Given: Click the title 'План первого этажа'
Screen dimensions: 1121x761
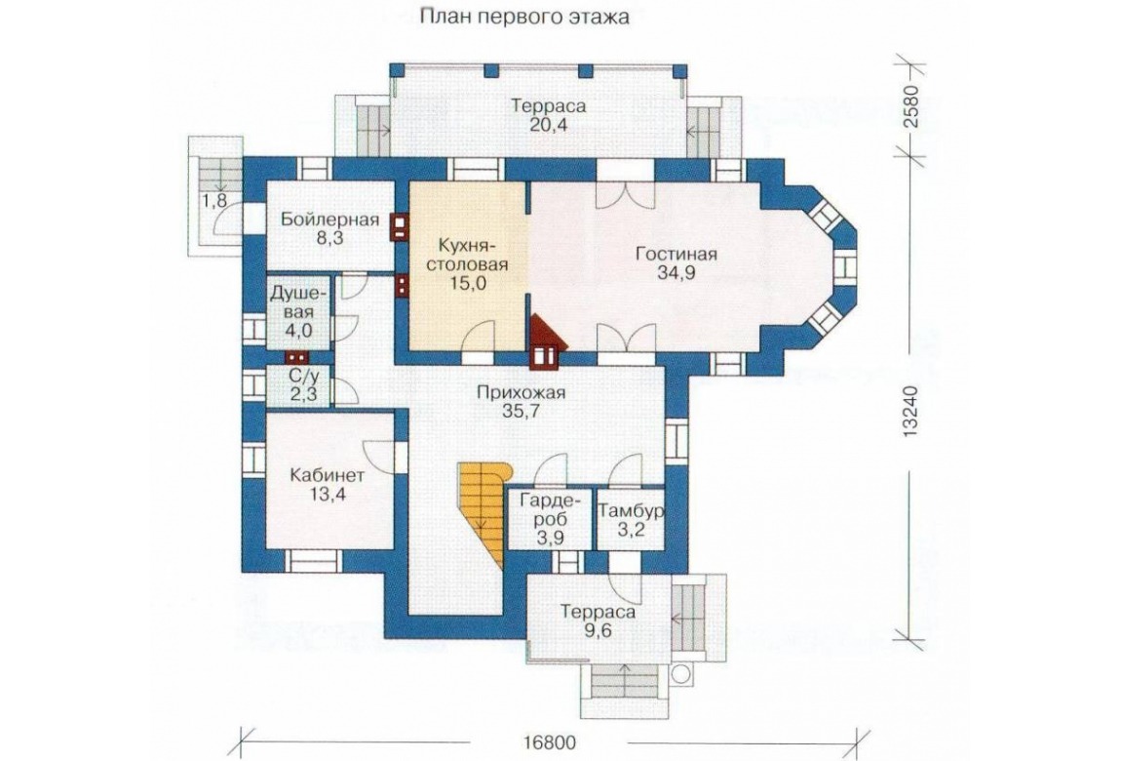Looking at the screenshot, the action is (524, 18).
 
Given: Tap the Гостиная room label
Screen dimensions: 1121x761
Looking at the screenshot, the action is (676, 255).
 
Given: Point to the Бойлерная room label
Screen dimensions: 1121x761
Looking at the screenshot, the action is (329, 219).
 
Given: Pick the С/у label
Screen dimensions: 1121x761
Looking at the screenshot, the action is (299, 376).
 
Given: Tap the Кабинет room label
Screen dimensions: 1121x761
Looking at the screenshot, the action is (328, 475).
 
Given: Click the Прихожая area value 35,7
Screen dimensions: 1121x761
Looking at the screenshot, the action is (522, 411).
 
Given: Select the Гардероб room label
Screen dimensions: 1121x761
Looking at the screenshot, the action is (550, 509).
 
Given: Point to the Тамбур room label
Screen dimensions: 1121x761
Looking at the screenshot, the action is (632, 510).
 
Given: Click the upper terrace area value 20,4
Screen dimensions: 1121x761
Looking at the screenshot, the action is (549, 125).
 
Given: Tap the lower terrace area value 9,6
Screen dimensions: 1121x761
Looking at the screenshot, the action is (597, 631).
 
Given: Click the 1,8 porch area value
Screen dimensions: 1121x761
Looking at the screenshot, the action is (214, 202).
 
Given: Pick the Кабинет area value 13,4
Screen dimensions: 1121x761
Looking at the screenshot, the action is (328, 494).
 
